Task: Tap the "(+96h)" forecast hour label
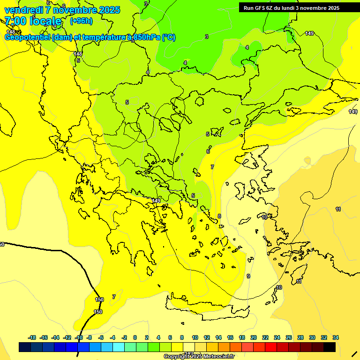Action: point(81,21)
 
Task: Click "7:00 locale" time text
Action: point(33,21)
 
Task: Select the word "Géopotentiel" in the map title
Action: point(28,37)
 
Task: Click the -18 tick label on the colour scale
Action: point(32,337)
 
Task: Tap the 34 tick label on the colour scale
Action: point(336,337)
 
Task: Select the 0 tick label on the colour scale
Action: point(135,337)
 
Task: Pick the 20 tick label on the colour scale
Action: point(254,337)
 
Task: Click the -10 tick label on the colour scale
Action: point(79,337)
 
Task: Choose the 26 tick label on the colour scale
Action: point(289,337)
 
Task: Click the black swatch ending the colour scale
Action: point(330,347)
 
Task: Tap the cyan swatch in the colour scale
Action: point(119,347)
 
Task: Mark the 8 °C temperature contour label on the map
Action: point(219,216)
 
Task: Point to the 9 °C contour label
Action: point(248,276)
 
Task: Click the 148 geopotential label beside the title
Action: point(10,32)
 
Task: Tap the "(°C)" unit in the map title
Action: point(169,37)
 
